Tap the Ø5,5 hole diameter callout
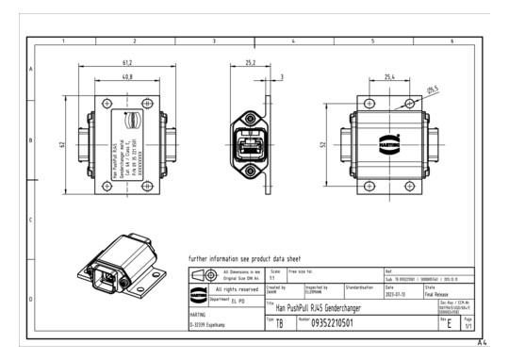[433, 90]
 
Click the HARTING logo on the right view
[388, 144]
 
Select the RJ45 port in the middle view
[251, 144]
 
